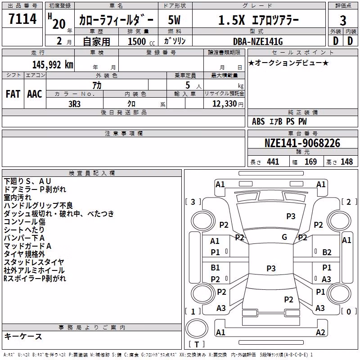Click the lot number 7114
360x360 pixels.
(x=22, y=18)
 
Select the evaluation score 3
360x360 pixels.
(x=343, y=20)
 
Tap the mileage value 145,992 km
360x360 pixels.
(x=53, y=65)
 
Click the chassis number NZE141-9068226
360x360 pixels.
(x=302, y=143)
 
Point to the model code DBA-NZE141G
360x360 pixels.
(x=258, y=41)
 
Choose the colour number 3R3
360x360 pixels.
(x=74, y=104)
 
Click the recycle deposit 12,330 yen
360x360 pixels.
(x=228, y=104)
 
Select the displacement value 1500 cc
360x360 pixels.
(x=141, y=41)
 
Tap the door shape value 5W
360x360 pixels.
(x=174, y=20)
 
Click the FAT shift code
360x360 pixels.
(x=13, y=94)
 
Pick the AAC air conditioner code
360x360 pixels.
(x=35, y=94)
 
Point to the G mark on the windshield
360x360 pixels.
(x=284, y=237)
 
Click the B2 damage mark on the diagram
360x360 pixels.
(x=327, y=252)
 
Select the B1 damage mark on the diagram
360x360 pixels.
(x=215, y=267)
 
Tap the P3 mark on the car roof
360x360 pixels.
(x=271, y=268)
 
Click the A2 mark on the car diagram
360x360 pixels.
(x=320, y=332)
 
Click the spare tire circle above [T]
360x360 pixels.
(x=197, y=328)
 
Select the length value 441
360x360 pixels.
(x=273, y=162)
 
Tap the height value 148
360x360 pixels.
(x=346, y=162)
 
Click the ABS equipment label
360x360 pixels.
(x=258, y=121)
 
